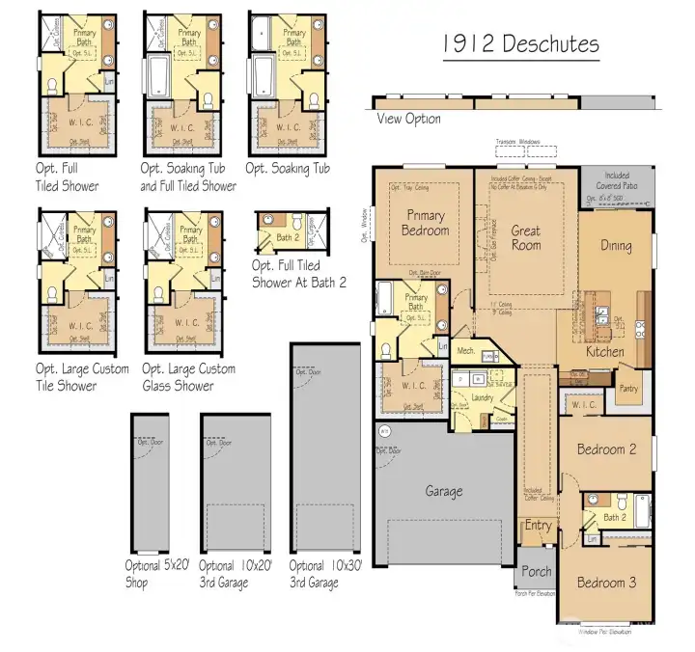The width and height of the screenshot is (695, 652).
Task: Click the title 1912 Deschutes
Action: pyautogui.click(x=521, y=44)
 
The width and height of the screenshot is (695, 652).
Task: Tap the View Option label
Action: pyautogui.click(x=408, y=119)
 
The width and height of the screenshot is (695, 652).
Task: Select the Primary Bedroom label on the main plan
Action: pyautogui.click(x=426, y=223)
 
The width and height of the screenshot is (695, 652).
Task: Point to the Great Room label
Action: pyautogui.click(x=526, y=237)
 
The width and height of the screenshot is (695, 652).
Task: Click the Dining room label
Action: pyautogui.click(x=616, y=245)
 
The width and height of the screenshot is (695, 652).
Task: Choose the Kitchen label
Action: pyautogui.click(x=604, y=353)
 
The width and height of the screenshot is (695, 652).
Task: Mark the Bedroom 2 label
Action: pyautogui.click(x=606, y=449)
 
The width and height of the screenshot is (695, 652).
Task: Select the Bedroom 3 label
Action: pyautogui.click(x=606, y=583)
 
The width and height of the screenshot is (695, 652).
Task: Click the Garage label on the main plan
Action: pyautogui.click(x=444, y=491)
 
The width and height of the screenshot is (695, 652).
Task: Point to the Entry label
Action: pyautogui.click(x=538, y=526)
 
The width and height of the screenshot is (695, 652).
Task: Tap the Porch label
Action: pyautogui.click(x=537, y=571)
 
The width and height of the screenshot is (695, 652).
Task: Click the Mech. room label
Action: pyautogui.click(x=464, y=351)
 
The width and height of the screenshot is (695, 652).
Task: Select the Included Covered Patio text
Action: pyautogui.click(x=617, y=181)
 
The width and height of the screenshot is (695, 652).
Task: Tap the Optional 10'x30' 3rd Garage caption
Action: pyautogui.click(x=325, y=574)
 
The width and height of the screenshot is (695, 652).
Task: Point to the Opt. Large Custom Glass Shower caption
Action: pyautogui.click(x=187, y=378)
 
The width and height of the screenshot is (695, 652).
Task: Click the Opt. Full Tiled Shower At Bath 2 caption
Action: pyautogui.click(x=298, y=274)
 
